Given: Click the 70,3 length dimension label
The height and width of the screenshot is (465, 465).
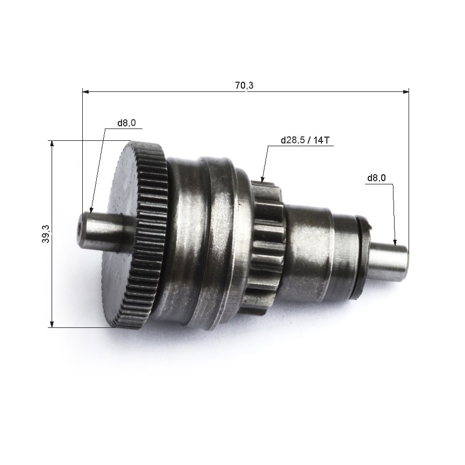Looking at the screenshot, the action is (x=245, y=85).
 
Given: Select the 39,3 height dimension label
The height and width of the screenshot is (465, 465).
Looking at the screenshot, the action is (x=46, y=234).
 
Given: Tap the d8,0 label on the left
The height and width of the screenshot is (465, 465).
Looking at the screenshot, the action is (x=127, y=123).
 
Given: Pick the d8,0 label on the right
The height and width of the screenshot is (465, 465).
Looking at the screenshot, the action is (x=377, y=178).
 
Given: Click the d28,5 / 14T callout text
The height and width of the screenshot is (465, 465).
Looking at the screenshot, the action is (x=305, y=140).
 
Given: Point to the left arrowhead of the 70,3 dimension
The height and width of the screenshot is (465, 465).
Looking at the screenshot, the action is (x=85, y=92).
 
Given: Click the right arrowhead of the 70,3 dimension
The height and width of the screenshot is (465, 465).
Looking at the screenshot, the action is (x=405, y=92).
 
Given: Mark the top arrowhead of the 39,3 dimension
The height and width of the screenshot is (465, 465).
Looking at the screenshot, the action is (x=52, y=144).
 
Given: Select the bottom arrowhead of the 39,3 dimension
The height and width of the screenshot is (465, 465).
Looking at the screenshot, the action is (x=52, y=324).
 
